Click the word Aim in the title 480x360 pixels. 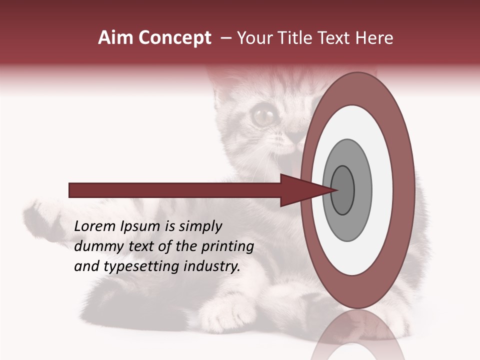pyautogui.click(x=115, y=38)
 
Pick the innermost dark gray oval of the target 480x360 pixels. pyautogui.click(x=342, y=190)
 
